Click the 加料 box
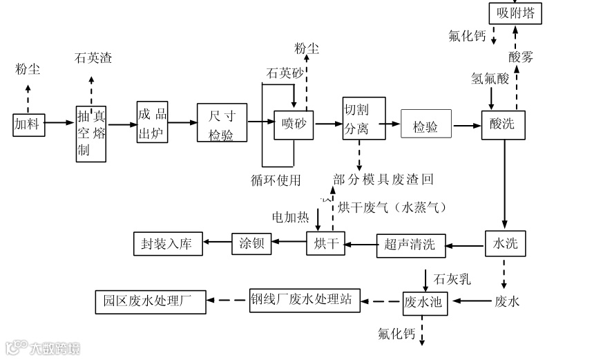click(28, 124)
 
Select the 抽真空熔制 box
click(91, 134)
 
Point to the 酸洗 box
click(503, 124)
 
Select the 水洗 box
click(506, 243)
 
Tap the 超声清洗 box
click(410, 244)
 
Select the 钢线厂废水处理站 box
click(305, 300)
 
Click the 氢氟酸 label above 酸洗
click(490, 79)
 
